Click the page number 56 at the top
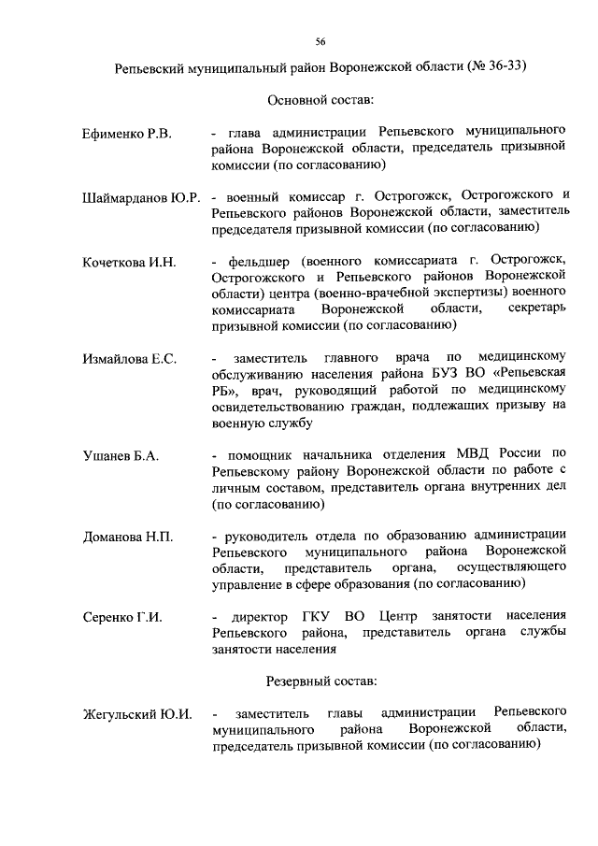(x=320, y=42)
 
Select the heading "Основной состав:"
(x=320, y=99)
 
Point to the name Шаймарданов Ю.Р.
(x=143, y=198)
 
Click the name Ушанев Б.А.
(x=121, y=455)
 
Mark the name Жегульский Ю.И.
(x=137, y=714)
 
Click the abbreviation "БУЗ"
(x=444, y=375)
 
